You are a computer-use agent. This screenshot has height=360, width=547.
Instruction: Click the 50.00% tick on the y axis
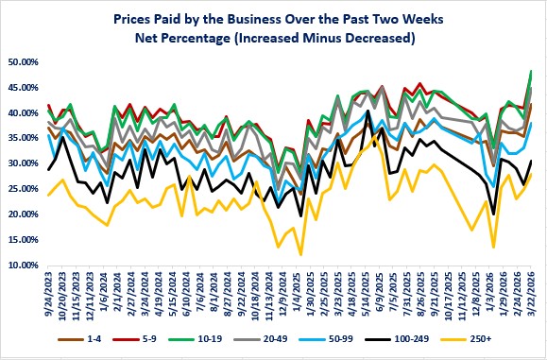click(23, 62)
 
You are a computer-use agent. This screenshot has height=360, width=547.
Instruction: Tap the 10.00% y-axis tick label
click(23, 266)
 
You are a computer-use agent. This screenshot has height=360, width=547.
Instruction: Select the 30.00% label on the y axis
click(23, 164)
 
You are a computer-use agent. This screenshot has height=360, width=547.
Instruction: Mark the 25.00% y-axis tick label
click(23, 190)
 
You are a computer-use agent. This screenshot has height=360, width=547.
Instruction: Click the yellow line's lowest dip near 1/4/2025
click(300, 254)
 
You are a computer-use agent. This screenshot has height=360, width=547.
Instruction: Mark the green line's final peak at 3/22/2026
click(531, 71)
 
